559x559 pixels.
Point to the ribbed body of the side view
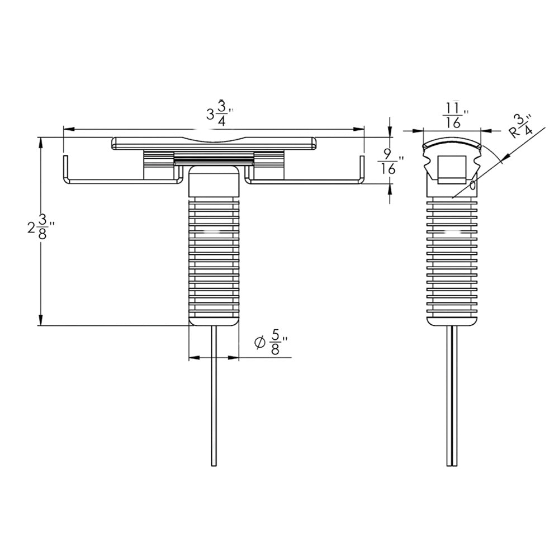(x=453, y=257)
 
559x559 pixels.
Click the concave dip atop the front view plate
(x=214, y=140)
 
